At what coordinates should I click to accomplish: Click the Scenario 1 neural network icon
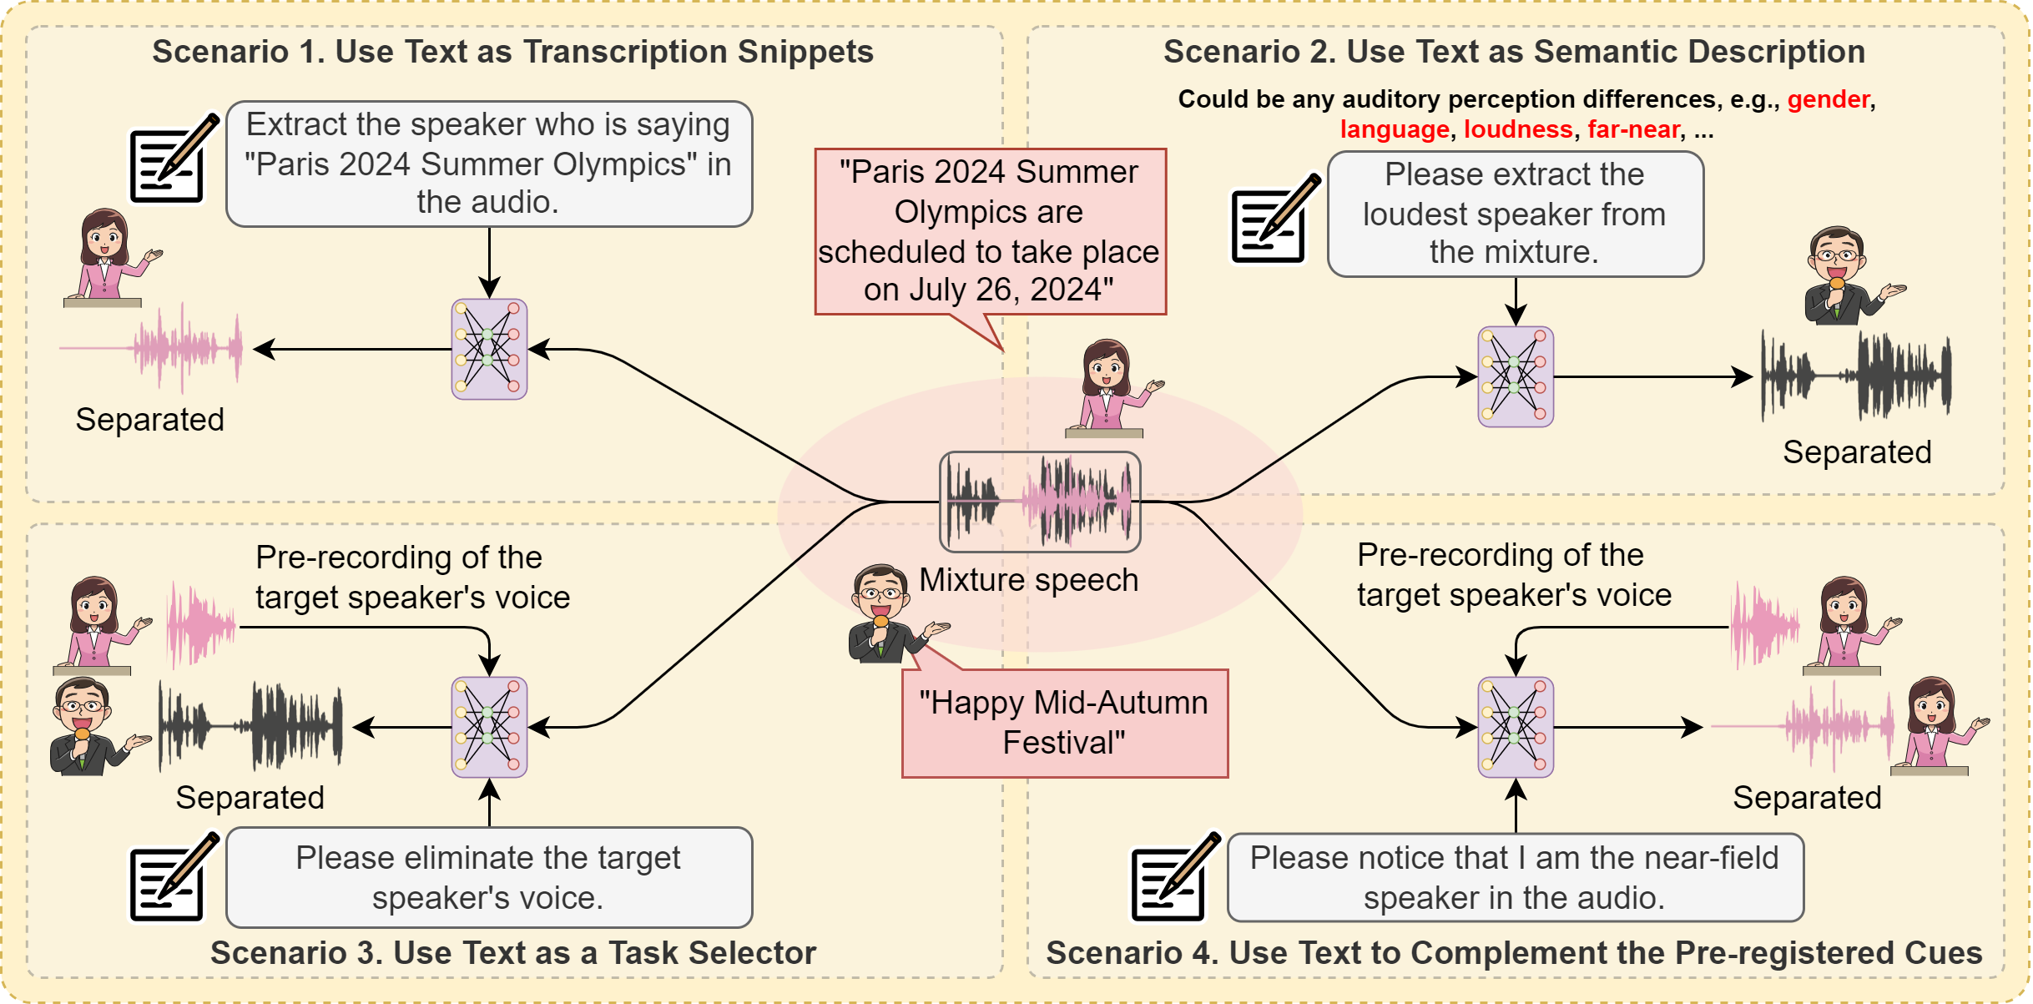click(489, 349)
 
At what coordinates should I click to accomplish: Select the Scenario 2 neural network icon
click(1516, 376)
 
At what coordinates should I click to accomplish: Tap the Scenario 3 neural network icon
click(489, 727)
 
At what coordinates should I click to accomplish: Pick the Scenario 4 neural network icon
click(1516, 727)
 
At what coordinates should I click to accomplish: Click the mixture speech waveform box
click(1040, 502)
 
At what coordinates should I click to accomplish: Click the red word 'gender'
click(1828, 99)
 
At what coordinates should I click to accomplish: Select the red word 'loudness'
click(1518, 129)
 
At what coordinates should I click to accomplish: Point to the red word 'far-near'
click(1633, 129)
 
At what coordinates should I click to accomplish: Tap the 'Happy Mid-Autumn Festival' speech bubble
click(1064, 723)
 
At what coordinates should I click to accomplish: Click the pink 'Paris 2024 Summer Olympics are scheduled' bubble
click(990, 231)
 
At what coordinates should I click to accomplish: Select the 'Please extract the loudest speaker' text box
click(1515, 214)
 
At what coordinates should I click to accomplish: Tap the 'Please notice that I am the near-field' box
click(1515, 877)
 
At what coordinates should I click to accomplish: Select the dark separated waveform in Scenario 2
click(1857, 376)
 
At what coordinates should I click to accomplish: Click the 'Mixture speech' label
click(1028, 580)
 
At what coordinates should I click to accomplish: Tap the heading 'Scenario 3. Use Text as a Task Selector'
click(513, 953)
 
